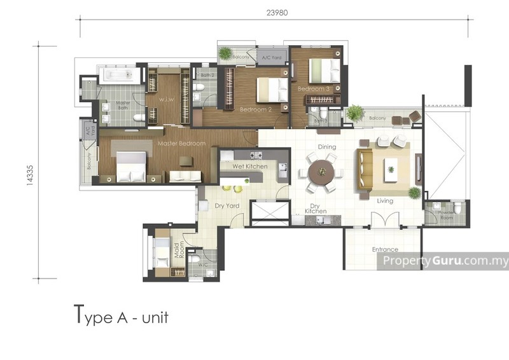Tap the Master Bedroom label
181,144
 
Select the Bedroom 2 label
256,109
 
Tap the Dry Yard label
227,206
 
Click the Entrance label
385,249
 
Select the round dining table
321,172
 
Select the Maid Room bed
163,251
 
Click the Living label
385,201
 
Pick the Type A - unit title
121,315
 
